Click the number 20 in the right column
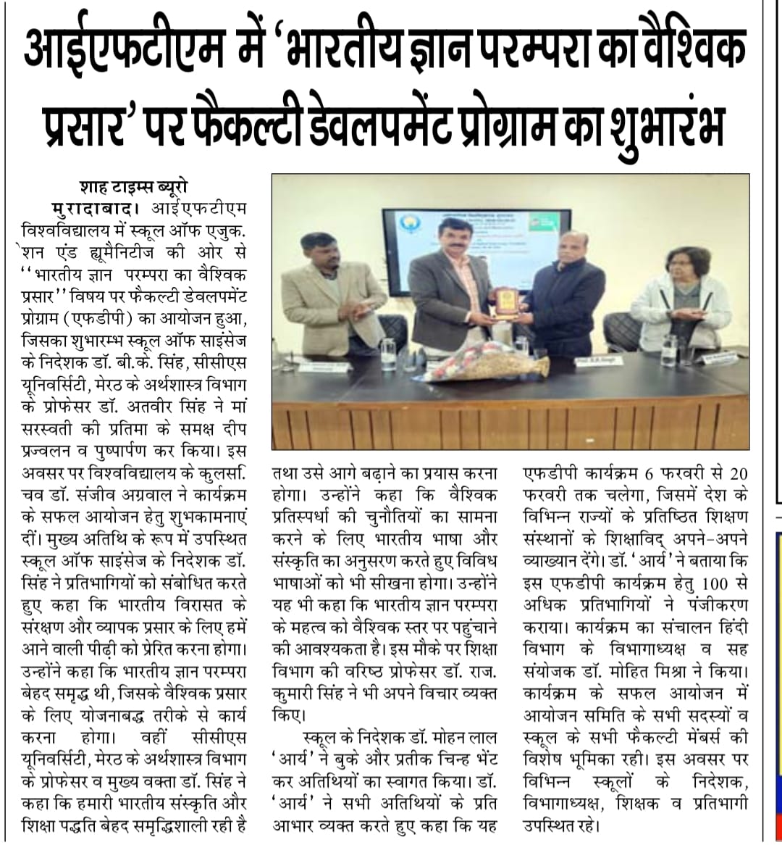[738, 475]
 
